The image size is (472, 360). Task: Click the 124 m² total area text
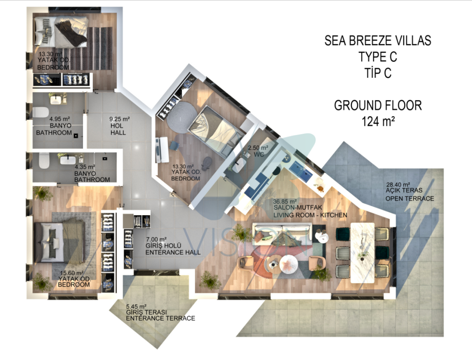pos(378,122)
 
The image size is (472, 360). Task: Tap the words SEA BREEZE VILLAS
pos(378,41)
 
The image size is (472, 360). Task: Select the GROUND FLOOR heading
pos(378,106)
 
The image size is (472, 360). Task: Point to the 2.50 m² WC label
pos(258,151)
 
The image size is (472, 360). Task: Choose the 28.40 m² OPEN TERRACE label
pos(410,191)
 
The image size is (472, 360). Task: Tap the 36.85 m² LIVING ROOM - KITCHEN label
pos(310,208)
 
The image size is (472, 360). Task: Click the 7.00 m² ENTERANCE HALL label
pos(173,246)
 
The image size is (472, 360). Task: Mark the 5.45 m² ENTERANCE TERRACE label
pos(160,313)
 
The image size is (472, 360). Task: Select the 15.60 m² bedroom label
pos(74,279)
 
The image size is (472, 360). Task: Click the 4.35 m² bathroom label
pos(92,173)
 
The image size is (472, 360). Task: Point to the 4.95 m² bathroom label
pos(54,126)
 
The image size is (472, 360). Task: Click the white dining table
pos(362,253)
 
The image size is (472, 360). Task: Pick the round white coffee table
pos(289,264)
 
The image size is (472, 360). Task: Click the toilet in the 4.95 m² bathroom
pos(41,112)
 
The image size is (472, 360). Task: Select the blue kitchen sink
pos(301,171)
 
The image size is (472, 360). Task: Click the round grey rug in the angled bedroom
pos(182,116)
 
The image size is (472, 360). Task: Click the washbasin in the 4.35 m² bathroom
pos(68,159)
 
